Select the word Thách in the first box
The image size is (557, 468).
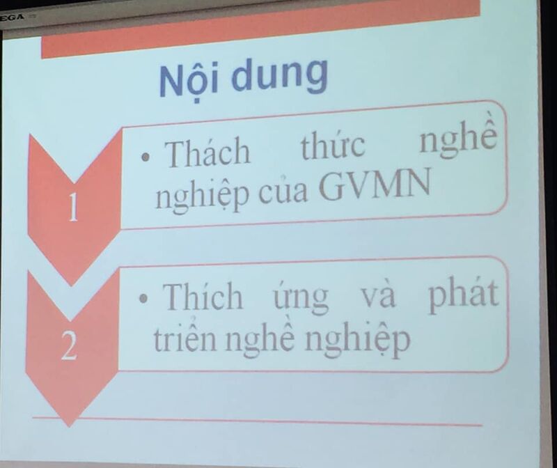pyautogui.click(x=207, y=153)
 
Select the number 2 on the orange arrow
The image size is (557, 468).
pyautogui.click(x=68, y=348)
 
